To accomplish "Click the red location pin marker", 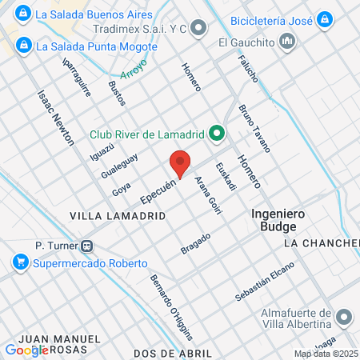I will pos(181,162).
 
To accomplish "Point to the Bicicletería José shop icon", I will pos(324,18).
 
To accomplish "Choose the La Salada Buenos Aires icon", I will pos(24,14).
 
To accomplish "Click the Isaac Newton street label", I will pos(55,117).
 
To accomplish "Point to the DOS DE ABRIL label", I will pos(173,353).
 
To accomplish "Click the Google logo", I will pos(26,350).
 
